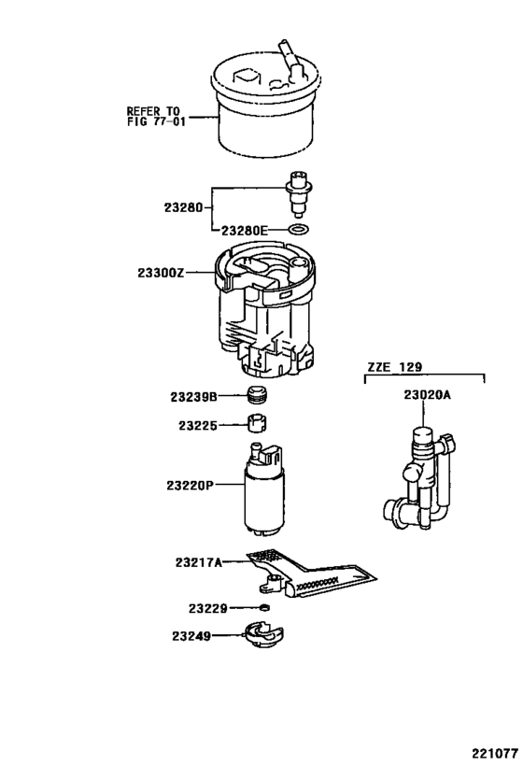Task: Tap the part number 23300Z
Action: [x=160, y=273]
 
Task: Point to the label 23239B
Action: [x=195, y=397]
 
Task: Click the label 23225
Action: [x=198, y=426]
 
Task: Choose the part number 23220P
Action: [x=191, y=486]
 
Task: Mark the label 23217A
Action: [x=198, y=562]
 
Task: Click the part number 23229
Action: [x=204, y=608]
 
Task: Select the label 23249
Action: [x=191, y=637]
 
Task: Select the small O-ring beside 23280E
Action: [x=298, y=229]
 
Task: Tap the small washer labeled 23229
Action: [x=265, y=608]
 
